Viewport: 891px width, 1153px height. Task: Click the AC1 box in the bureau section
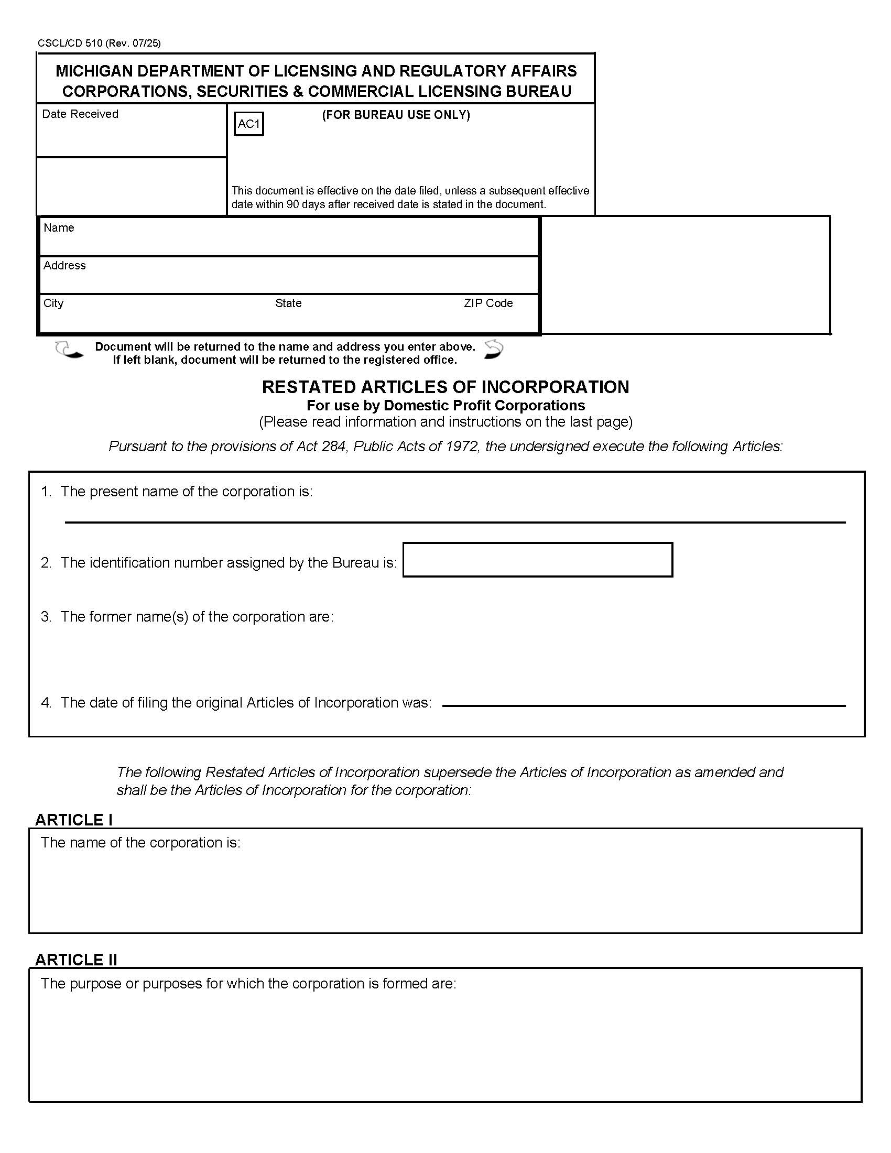pos(248,124)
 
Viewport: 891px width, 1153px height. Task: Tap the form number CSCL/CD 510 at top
pos(70,43)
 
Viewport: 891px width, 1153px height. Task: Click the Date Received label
pos(80,114)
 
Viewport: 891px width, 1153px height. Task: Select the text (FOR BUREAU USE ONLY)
pos(396,115)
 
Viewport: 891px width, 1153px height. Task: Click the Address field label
pos(64,266)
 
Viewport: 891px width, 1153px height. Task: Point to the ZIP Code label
pos(488,303)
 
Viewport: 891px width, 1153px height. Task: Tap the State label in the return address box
pos(288,303)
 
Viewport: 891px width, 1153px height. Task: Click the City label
pos(53,303)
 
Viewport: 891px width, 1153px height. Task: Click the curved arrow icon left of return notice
pos(69,351)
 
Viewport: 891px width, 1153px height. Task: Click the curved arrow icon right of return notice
pos(494,350)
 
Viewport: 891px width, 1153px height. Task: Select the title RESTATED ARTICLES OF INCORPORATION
pos(445,387)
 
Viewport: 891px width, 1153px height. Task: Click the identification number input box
pos(537,560)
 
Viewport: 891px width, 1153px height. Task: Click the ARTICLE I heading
pos(73,820)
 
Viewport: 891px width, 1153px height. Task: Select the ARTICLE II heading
pos(76,960)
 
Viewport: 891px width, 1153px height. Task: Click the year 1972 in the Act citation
pos(461,447)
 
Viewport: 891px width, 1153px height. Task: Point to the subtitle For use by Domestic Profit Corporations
pos(446,406)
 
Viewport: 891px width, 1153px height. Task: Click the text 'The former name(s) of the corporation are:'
pos(197,617)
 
